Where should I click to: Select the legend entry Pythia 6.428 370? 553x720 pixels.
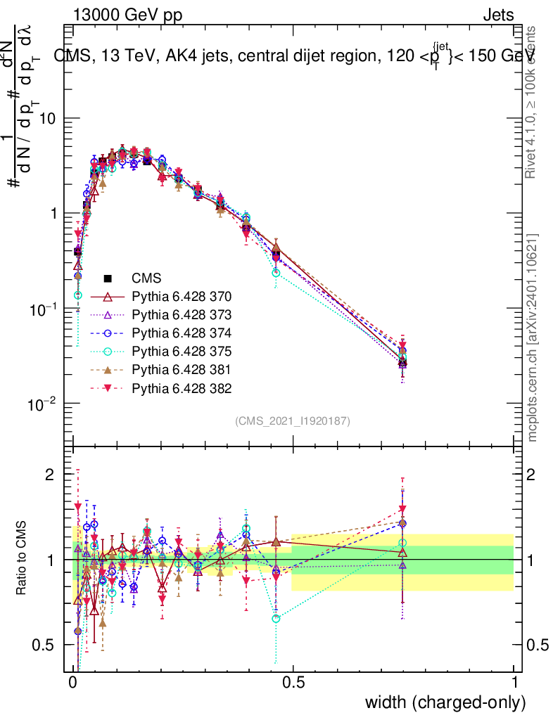point(182,296)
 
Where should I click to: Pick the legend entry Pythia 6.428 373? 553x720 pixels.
point(182,314)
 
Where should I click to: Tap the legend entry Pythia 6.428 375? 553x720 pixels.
point(182,351)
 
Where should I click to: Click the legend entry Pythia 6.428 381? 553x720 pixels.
point(182,369)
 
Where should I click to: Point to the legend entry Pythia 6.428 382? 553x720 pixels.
point(182,387)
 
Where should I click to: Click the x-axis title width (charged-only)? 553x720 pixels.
point(445,702)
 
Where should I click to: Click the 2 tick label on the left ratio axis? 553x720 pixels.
point(50,475)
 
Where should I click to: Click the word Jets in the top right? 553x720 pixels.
point(498,15)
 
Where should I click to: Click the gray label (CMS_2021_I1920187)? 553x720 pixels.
point(293,420)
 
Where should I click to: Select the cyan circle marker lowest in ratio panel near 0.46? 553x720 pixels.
point(276,619)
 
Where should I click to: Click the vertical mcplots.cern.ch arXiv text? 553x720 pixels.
point(533,337)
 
